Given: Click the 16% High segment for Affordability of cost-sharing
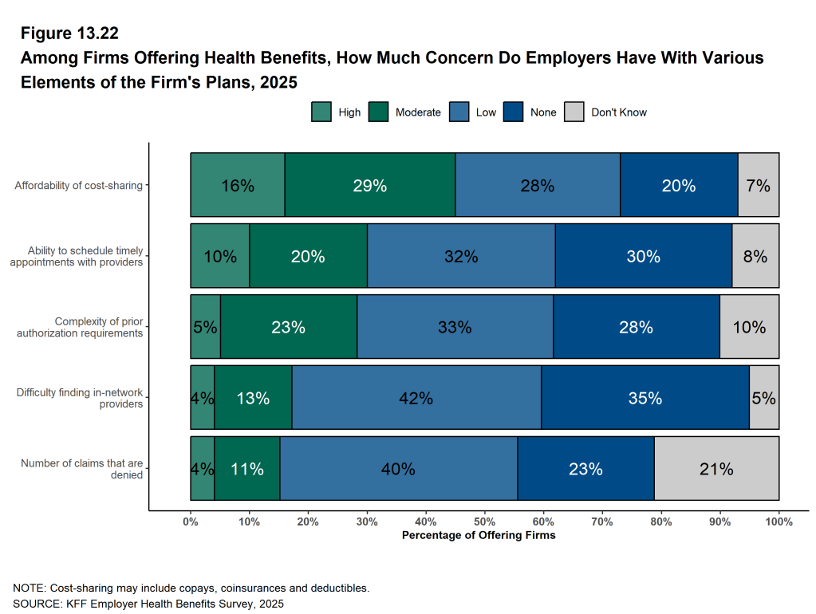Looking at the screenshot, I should click(238, 185).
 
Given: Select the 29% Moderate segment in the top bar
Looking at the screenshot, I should click(370, 185).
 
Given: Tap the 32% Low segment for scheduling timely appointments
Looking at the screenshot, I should click(461, 256).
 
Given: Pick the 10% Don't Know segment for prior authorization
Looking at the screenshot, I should click(749, 327).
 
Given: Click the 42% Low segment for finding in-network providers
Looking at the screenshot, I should click(416, 398).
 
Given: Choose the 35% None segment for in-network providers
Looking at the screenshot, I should click(645, 398).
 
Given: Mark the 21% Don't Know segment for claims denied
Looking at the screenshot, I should click(716, 469).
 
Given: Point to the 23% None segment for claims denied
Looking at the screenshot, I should click(585, 469).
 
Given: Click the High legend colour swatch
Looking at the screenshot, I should click(321, 112).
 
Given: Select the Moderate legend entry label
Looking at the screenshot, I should click(418, 112).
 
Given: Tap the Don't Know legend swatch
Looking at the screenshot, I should click(574, 112).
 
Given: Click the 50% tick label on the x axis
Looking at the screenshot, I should click(485, 522).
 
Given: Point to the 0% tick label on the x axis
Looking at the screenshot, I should click(191, 522).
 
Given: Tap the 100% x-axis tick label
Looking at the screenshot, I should click(779, 522).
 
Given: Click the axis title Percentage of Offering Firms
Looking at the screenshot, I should click(479, 536).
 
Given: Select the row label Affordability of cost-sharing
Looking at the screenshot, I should click(78, 186).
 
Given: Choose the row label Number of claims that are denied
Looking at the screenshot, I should click(81, 469).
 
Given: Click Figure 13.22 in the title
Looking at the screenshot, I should click(70, 33).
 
